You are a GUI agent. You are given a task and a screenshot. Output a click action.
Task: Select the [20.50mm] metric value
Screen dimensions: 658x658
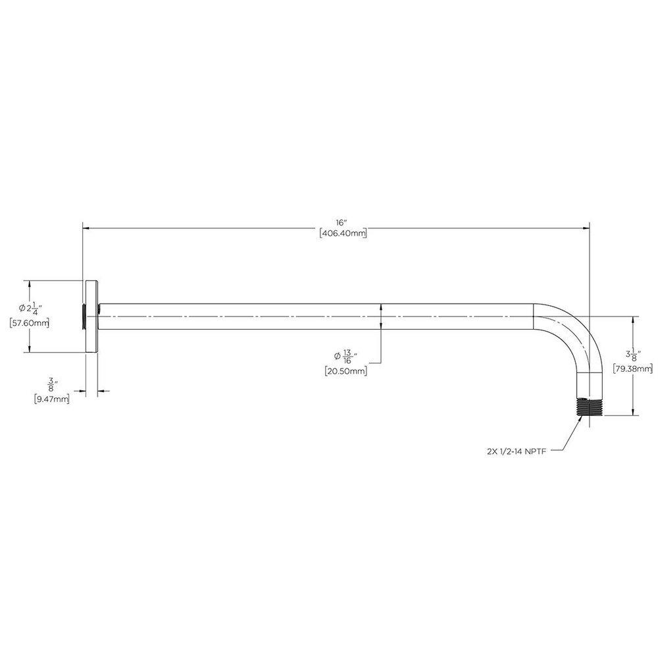coord(346,371)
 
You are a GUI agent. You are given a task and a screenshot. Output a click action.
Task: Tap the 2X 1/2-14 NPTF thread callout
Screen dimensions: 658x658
coord(515,451)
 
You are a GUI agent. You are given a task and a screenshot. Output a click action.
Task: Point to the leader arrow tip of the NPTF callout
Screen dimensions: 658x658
coord(580,419)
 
